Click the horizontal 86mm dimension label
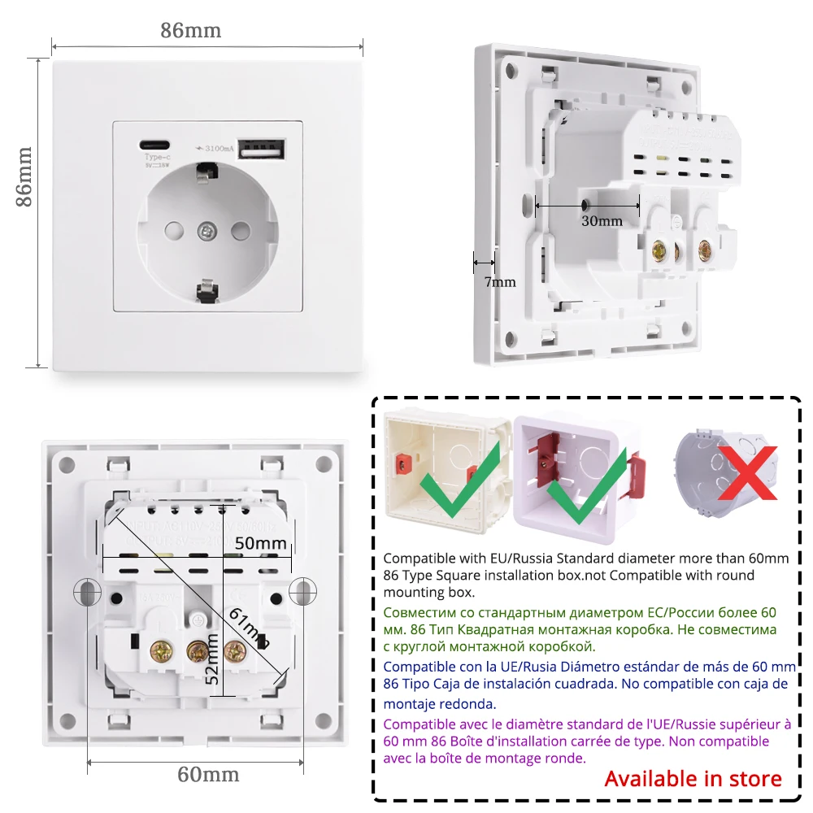coord(190,31)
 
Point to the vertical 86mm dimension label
coord(25,176)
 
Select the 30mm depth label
coord(602,220)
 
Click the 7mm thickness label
coord(500,282)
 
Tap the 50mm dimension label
coord(255,542)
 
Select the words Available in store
coord(693,778)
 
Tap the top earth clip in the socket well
coord(207,172)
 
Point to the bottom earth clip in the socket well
coord(207,289)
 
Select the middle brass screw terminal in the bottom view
coord(197,649)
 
